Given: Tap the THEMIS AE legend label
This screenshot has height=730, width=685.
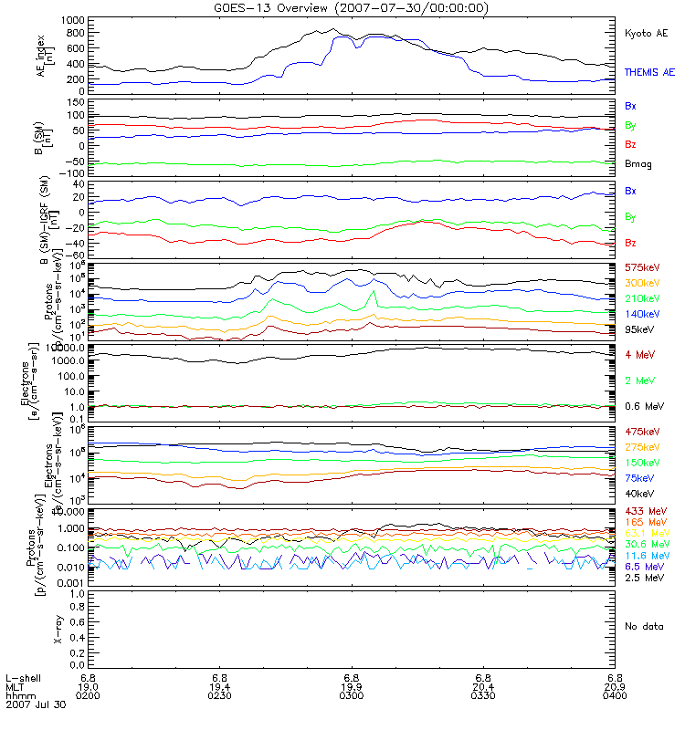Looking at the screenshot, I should coord(648,71).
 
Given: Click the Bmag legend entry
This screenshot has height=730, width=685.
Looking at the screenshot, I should coord(638,163).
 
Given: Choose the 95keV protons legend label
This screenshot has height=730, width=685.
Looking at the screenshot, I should coord(638,328).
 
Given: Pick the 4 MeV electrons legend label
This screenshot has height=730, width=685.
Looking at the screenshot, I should coord(638,353).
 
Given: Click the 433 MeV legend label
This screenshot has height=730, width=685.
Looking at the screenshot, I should coord(643,510).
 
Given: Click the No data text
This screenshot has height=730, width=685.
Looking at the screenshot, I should coord(643,626).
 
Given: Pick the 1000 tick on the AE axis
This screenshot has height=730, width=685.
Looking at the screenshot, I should coord(75,20).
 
